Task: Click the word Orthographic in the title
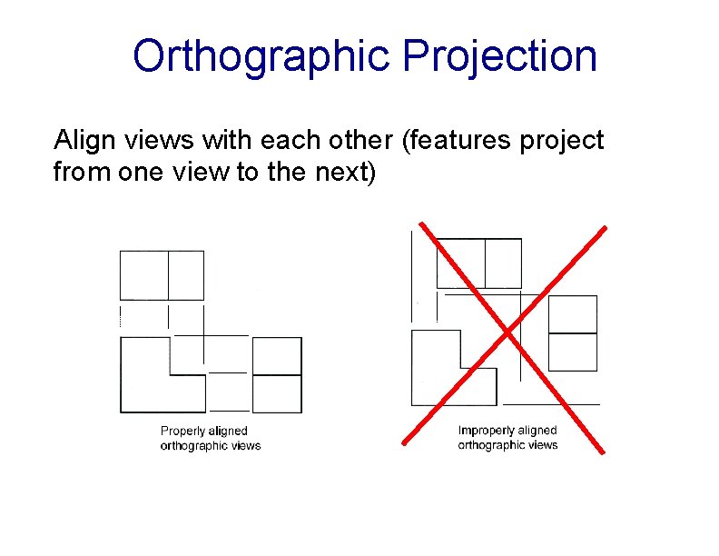tap(261, 56)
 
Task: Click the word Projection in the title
tap(500, 56)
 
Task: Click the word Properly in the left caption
tap(182, 431)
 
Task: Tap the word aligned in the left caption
tap(228, 431)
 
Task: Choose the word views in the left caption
tap(245, 445)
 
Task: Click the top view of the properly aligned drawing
tap(162, 275)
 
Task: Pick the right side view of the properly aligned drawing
tap(277, 374)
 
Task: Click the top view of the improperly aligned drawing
tap(479, 263)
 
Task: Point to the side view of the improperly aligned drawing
tap(573, 333)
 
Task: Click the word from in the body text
tap(83, 172)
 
